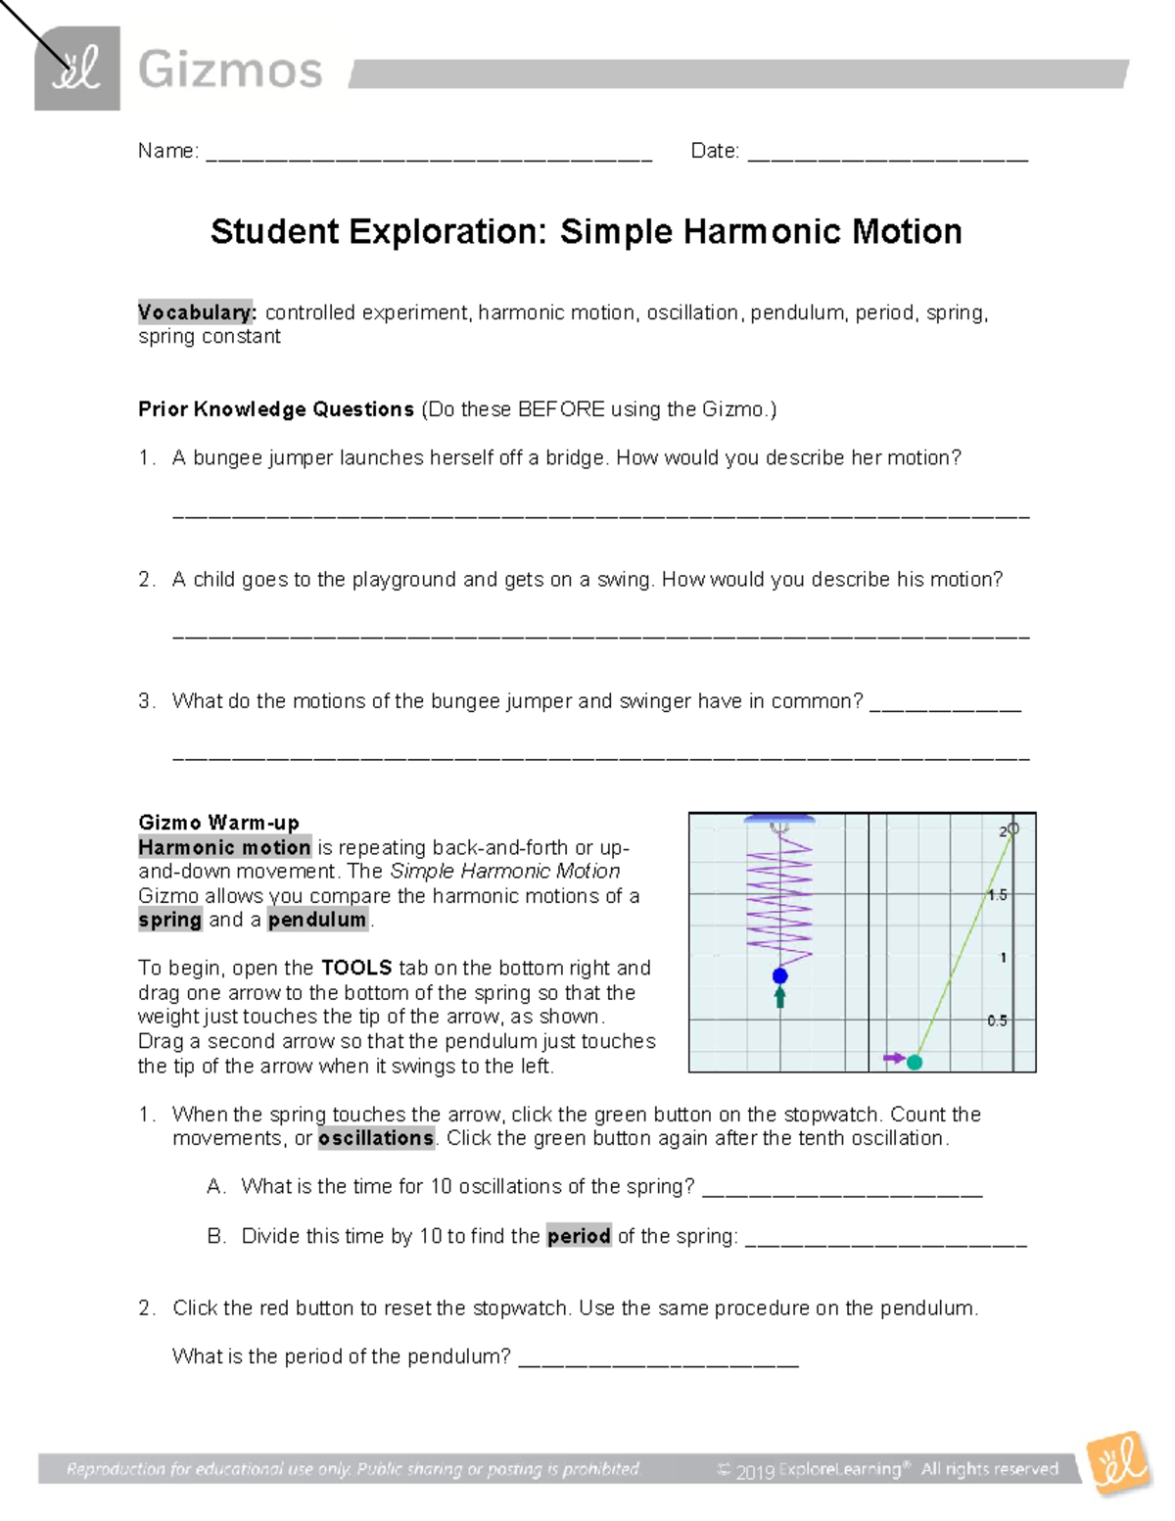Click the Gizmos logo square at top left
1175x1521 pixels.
coord(77,69)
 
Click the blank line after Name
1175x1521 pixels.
coord(429,154)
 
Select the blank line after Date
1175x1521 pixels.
coord(887,154)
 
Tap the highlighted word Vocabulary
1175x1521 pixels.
coord(196,312)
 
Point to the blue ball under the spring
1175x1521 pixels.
coord(780,975)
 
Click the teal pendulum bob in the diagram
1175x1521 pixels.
coord(915,1062)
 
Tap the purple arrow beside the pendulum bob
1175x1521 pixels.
coord(893,1058)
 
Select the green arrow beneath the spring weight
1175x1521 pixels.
coord(780,998)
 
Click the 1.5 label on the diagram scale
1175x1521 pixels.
coord(997,895)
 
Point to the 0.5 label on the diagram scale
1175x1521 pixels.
coord(997,1021)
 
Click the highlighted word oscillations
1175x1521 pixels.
coord(376,1138)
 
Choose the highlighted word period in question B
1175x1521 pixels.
coord(579,1236)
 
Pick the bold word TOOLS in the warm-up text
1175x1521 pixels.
coord(356,968)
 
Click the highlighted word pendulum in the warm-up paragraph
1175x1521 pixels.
coord(317,920)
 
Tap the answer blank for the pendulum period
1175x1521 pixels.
coord(658,1359)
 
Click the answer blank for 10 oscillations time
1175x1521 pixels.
coord(842,1190)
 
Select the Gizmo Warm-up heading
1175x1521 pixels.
coord(218,823)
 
